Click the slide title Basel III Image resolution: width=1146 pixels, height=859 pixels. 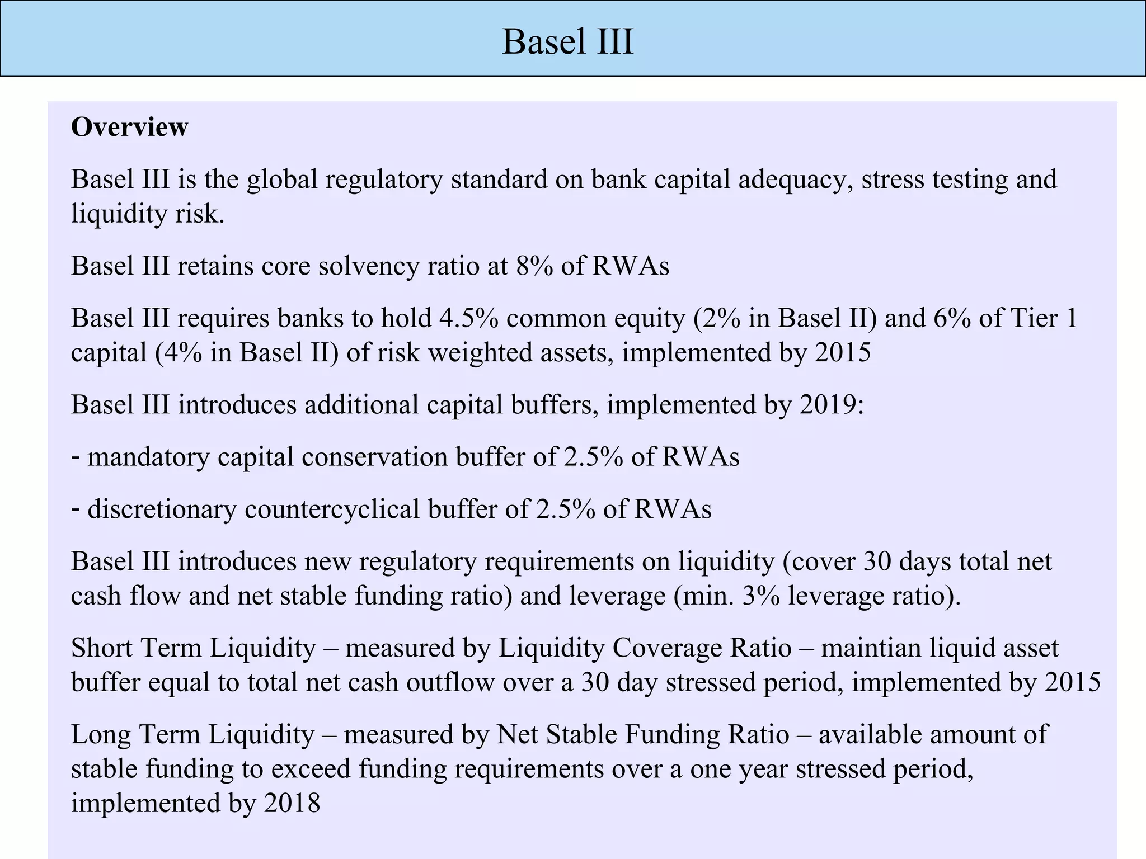tap(568, 41)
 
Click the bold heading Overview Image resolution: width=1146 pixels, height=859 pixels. tap(129, 128)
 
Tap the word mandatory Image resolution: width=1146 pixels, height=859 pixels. tap(148, 457)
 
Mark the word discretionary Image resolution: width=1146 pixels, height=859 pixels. tap(162, 509)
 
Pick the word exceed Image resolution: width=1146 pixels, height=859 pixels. tap(311, 769)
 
